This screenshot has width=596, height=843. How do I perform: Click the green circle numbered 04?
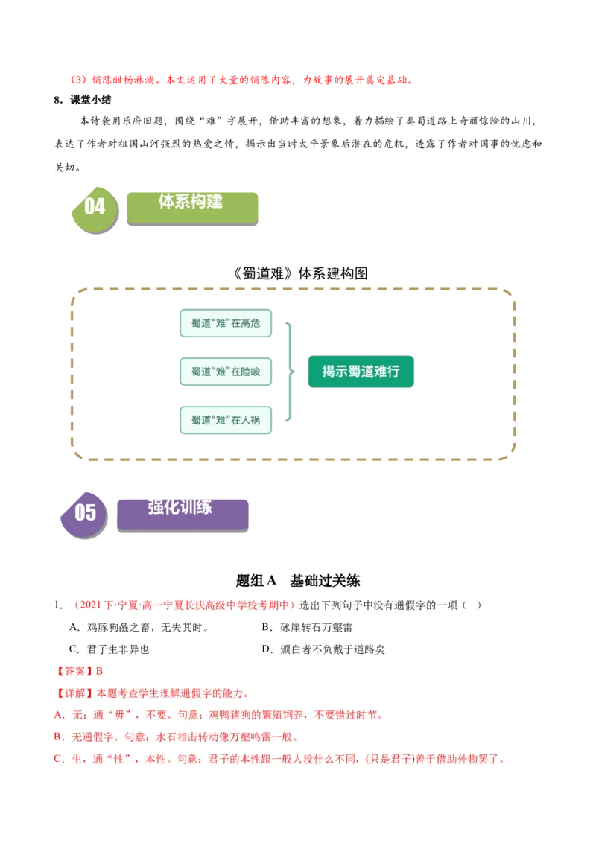(95, 207)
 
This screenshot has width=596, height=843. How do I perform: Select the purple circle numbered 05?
(85, 512)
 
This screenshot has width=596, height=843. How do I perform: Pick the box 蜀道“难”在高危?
(226, 323)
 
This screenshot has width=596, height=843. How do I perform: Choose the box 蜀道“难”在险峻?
(226, 371)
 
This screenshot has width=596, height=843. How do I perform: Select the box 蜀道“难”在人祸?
(226, 420)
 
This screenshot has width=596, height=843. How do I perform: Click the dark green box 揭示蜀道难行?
(361, 371)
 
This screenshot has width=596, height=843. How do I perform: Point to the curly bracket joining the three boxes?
(289, 371)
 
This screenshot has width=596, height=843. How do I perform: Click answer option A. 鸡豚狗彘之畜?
(139, 628)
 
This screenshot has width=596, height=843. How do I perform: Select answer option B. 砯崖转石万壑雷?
(307, 628)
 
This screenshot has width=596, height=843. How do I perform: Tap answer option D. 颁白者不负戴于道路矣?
(323, 649)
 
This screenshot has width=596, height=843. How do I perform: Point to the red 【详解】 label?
(74, 693)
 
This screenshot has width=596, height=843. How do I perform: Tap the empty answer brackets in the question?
(471, 605)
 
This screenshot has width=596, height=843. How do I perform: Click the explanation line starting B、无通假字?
(176, 737)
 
